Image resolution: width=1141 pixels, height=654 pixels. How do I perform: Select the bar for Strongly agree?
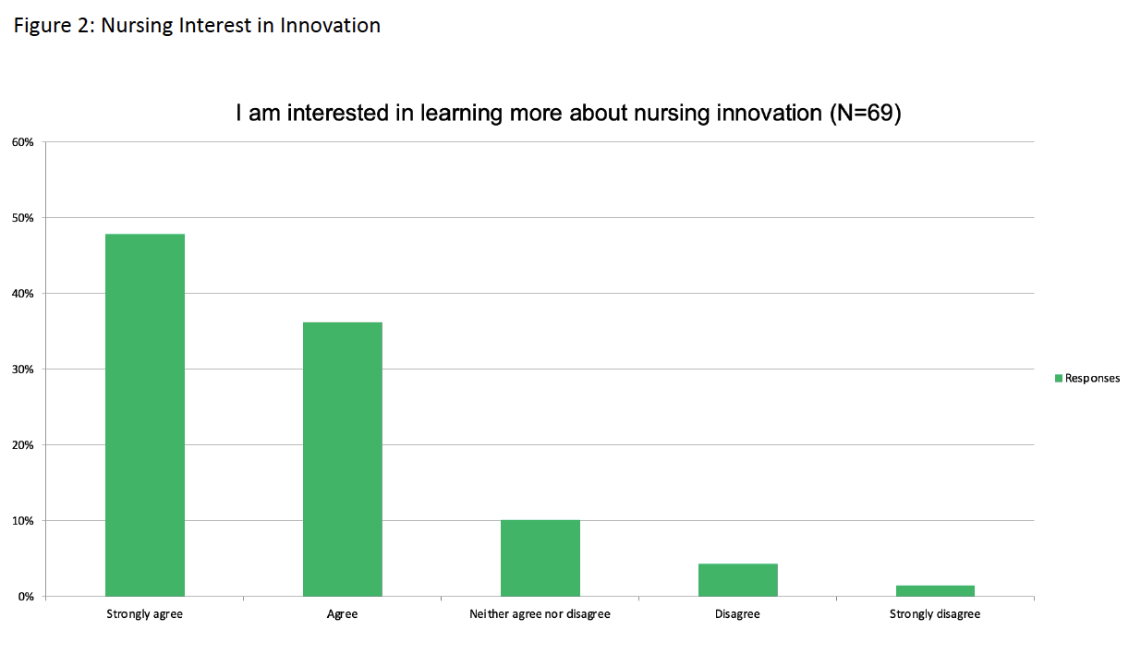145,415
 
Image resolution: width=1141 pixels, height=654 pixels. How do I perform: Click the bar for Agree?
342,459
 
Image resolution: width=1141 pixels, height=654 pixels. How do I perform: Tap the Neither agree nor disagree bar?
540,558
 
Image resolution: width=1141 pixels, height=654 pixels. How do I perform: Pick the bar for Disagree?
737,579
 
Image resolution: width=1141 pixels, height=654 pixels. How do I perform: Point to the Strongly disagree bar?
935,591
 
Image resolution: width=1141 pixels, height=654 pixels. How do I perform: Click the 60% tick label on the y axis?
22,142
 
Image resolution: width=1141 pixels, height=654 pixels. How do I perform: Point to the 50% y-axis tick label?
22,218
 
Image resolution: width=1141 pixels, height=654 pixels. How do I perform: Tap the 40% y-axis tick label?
22,294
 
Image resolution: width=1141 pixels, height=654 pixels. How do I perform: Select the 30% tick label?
22,369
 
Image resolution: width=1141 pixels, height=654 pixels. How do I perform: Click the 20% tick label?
22,445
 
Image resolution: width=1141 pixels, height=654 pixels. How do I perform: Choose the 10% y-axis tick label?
22,521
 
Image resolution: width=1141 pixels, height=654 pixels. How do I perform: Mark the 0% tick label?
26,597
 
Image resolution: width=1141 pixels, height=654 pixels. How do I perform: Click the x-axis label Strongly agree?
145,614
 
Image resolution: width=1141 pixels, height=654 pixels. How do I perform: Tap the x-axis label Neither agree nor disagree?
540,614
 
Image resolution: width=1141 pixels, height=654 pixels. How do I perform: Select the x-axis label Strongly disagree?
935,614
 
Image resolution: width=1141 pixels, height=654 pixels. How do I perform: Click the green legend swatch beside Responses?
1059,379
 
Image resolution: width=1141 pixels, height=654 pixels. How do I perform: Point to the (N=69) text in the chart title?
866,113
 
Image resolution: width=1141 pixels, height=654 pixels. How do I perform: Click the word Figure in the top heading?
42,26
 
